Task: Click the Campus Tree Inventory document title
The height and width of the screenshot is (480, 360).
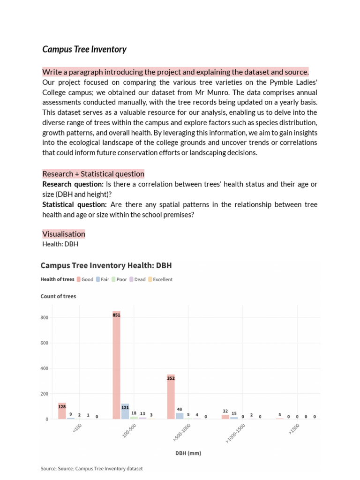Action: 84,49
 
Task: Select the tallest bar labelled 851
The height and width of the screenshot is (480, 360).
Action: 116,366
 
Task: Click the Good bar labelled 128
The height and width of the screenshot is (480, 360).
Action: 62,411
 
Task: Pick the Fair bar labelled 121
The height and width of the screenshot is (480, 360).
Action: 125,411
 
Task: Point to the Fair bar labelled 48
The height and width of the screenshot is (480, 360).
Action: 180,416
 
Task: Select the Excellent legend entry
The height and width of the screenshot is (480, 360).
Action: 160,279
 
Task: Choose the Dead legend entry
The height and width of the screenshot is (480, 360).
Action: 137,279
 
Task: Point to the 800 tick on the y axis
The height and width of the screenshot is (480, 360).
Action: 45,318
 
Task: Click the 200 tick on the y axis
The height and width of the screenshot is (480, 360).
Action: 45,394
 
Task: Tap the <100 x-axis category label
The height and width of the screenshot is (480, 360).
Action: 77,428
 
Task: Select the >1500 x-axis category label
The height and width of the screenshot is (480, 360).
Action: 294,429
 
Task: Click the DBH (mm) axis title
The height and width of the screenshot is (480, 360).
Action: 188,453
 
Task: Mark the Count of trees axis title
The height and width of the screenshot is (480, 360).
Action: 58,296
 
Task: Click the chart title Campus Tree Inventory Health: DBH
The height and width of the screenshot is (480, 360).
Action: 106,265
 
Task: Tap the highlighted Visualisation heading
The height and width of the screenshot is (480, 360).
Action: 64,234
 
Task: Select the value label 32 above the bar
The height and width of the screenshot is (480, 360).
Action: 225,411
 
